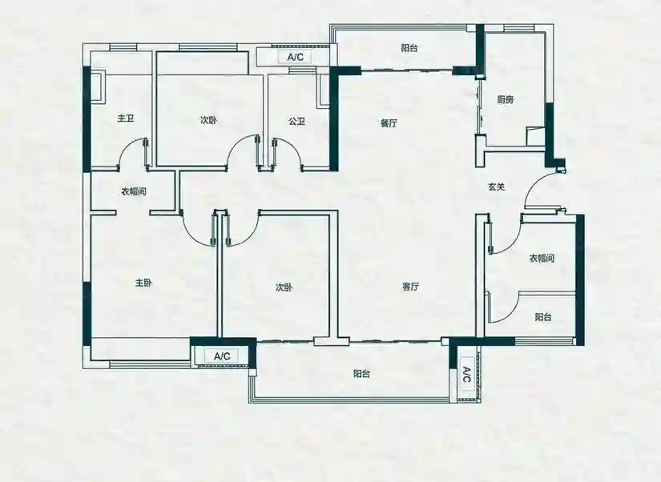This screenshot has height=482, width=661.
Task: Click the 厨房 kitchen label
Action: point(505,99)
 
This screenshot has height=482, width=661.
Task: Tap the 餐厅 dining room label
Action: point(389,123)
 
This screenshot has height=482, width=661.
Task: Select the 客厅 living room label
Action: point(409,287)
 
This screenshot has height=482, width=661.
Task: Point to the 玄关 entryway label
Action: point(496,187)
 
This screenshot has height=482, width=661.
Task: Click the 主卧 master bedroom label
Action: point(143,283)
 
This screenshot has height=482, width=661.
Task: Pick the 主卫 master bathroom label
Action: point(126,118)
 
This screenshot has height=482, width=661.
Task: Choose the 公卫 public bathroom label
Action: point(296,122)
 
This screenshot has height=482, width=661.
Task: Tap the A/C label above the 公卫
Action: point(295,58)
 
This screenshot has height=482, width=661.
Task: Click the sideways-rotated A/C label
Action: point(466,375)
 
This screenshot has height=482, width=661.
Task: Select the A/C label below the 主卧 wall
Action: point(222,356)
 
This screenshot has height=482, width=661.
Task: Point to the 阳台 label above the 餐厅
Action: point(409,48)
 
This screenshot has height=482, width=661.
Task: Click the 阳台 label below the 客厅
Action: point(361,374)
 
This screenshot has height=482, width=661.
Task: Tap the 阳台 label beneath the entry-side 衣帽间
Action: point(543,317)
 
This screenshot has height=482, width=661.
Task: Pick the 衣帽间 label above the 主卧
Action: point(134,191)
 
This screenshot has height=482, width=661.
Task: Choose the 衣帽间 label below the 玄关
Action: point(542,258)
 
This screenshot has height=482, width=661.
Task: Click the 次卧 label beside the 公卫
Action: point(208,120)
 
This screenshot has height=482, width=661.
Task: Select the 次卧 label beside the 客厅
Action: point(284,287)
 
